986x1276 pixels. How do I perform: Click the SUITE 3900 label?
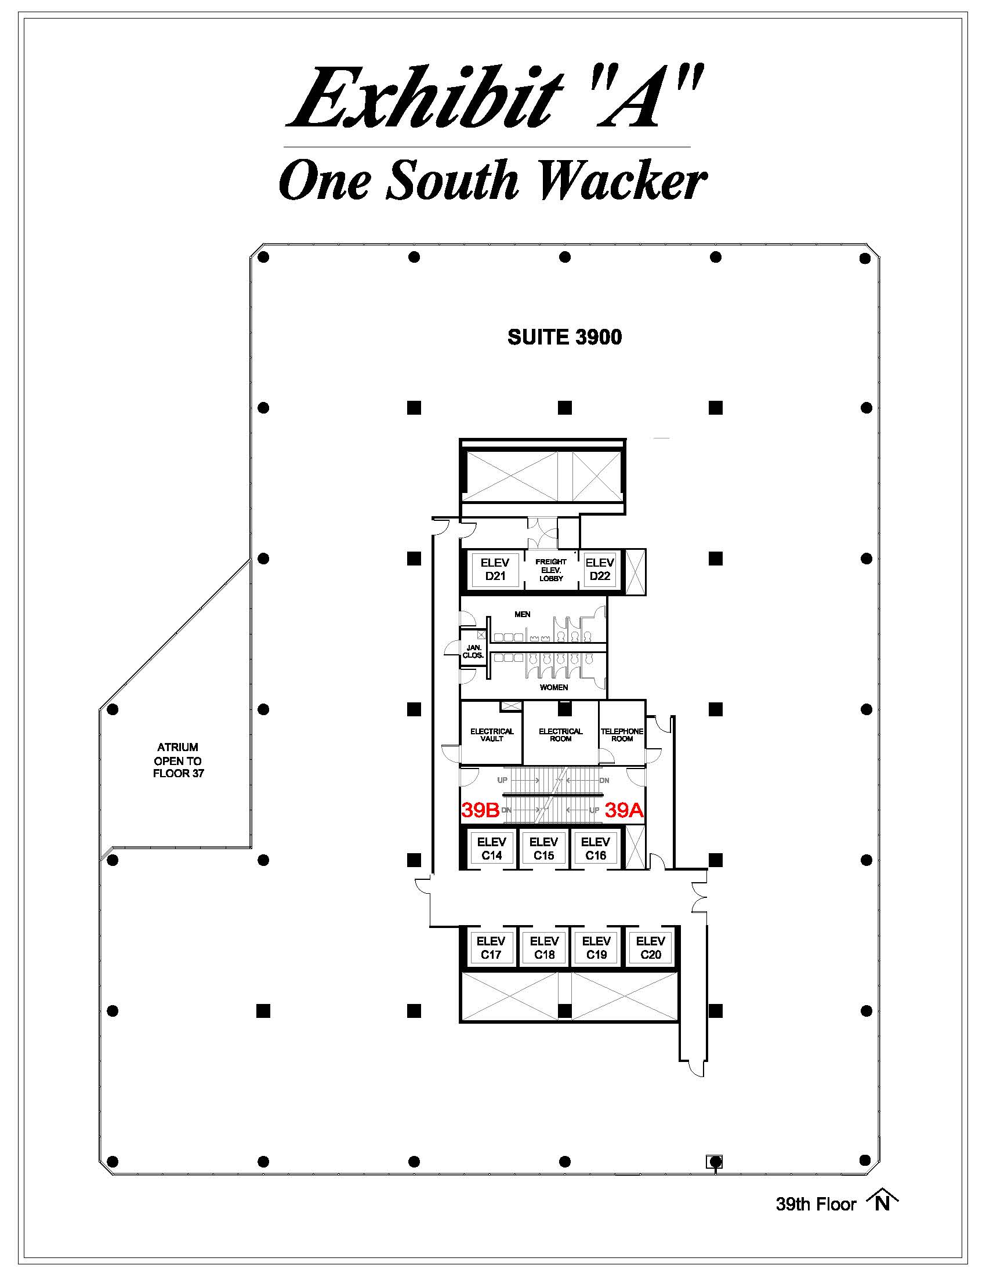(x=564, y=337)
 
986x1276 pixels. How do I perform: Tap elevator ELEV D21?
(x=495, y=569)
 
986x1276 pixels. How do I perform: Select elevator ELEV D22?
(x=599, y=569)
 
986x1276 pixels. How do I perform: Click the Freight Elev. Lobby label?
(x=551, y=570)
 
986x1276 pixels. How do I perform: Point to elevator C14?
(x=491, y=849)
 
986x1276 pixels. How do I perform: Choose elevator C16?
(x=595, y=849)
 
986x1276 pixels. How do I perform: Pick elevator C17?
(x=491, y=948)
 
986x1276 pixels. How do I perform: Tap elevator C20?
(x=650, y=948)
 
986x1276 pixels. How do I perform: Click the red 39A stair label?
(x=624, y=810)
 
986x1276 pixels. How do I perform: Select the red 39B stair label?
(x=480, y=810)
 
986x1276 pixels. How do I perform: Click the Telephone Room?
(x=622, y=734)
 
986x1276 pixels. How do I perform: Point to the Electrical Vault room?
(x=492, y=734)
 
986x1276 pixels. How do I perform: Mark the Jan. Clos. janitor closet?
(x=473, y=651)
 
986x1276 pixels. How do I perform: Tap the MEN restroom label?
(x=522, y=614)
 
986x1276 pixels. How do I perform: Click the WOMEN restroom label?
(x=553, y=687)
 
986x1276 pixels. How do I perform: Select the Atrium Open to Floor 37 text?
(x=178, y=760)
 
